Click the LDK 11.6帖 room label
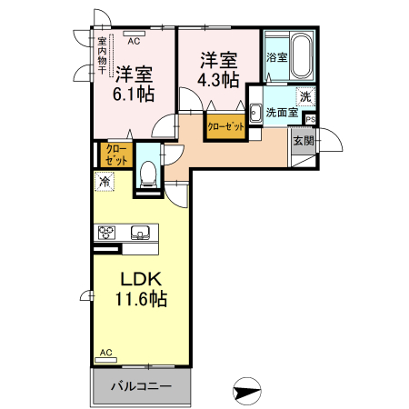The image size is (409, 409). click(x=142, y=286)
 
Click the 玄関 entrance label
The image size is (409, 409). click(x=302, y=141)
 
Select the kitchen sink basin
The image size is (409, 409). click(x=142, y=230)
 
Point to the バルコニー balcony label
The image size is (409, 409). click(x=142, y=385)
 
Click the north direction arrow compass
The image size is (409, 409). click(x=247, y=392)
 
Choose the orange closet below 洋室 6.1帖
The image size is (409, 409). click(x=116, y=155)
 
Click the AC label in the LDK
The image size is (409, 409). click(x=105, y=352)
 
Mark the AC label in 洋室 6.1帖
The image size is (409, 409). click(x=133, y=41)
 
